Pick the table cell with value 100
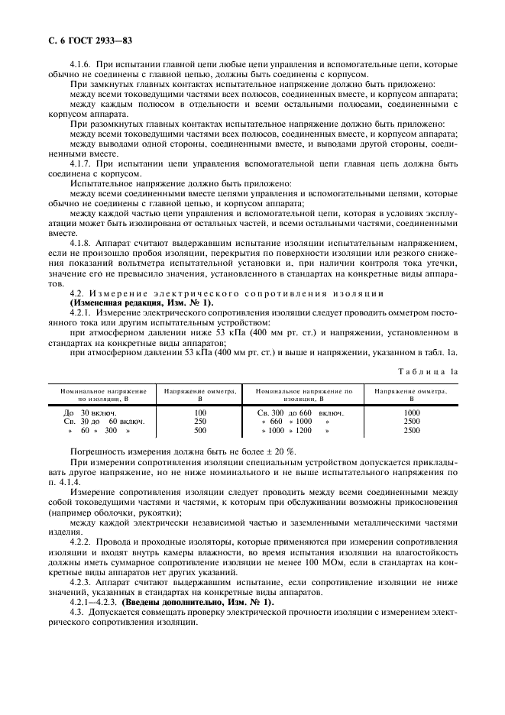[x=201, y=412]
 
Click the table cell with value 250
[x=201, y=421]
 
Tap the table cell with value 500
[x=201, y=430]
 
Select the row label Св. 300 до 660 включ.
[x=301, y=412]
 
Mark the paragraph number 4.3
[x=76, y=612]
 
